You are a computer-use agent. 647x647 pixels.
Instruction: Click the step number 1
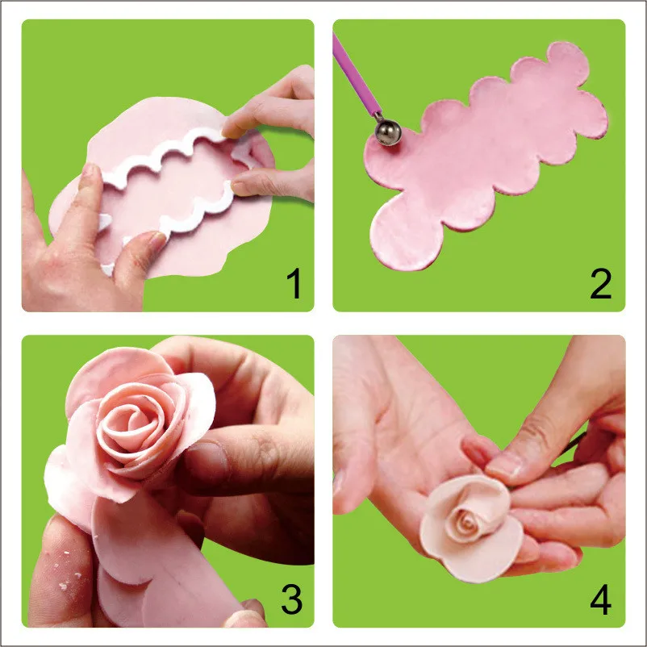point(294,283)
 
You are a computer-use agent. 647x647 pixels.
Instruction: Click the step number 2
point(601,283)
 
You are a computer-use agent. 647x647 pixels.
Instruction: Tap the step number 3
point(292,599)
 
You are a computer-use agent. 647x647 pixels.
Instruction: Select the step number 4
point(601,599)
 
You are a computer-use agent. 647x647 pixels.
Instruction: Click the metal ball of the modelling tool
point(388,132)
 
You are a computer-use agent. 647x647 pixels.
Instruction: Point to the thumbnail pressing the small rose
point(504,465)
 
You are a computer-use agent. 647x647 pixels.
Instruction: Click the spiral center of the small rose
point(468,524)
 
